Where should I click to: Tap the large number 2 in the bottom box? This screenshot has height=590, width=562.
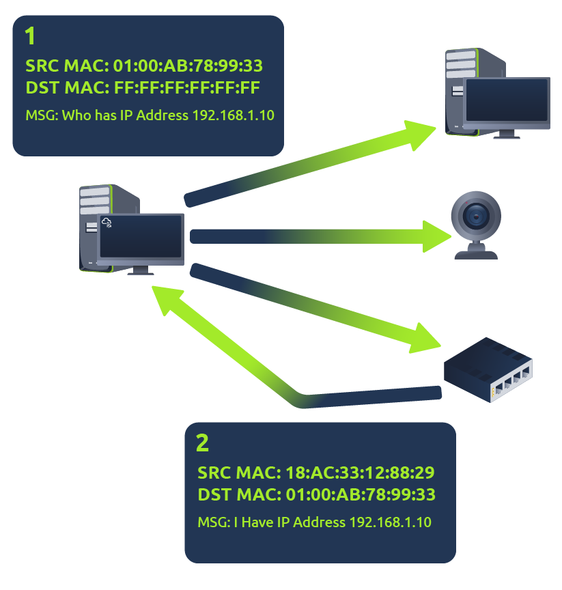202,443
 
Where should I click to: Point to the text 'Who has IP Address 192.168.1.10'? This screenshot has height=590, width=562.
169,115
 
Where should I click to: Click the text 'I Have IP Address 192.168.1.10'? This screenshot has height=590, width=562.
333,522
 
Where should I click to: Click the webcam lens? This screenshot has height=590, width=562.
476,216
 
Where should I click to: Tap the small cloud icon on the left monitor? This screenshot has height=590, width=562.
107,222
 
